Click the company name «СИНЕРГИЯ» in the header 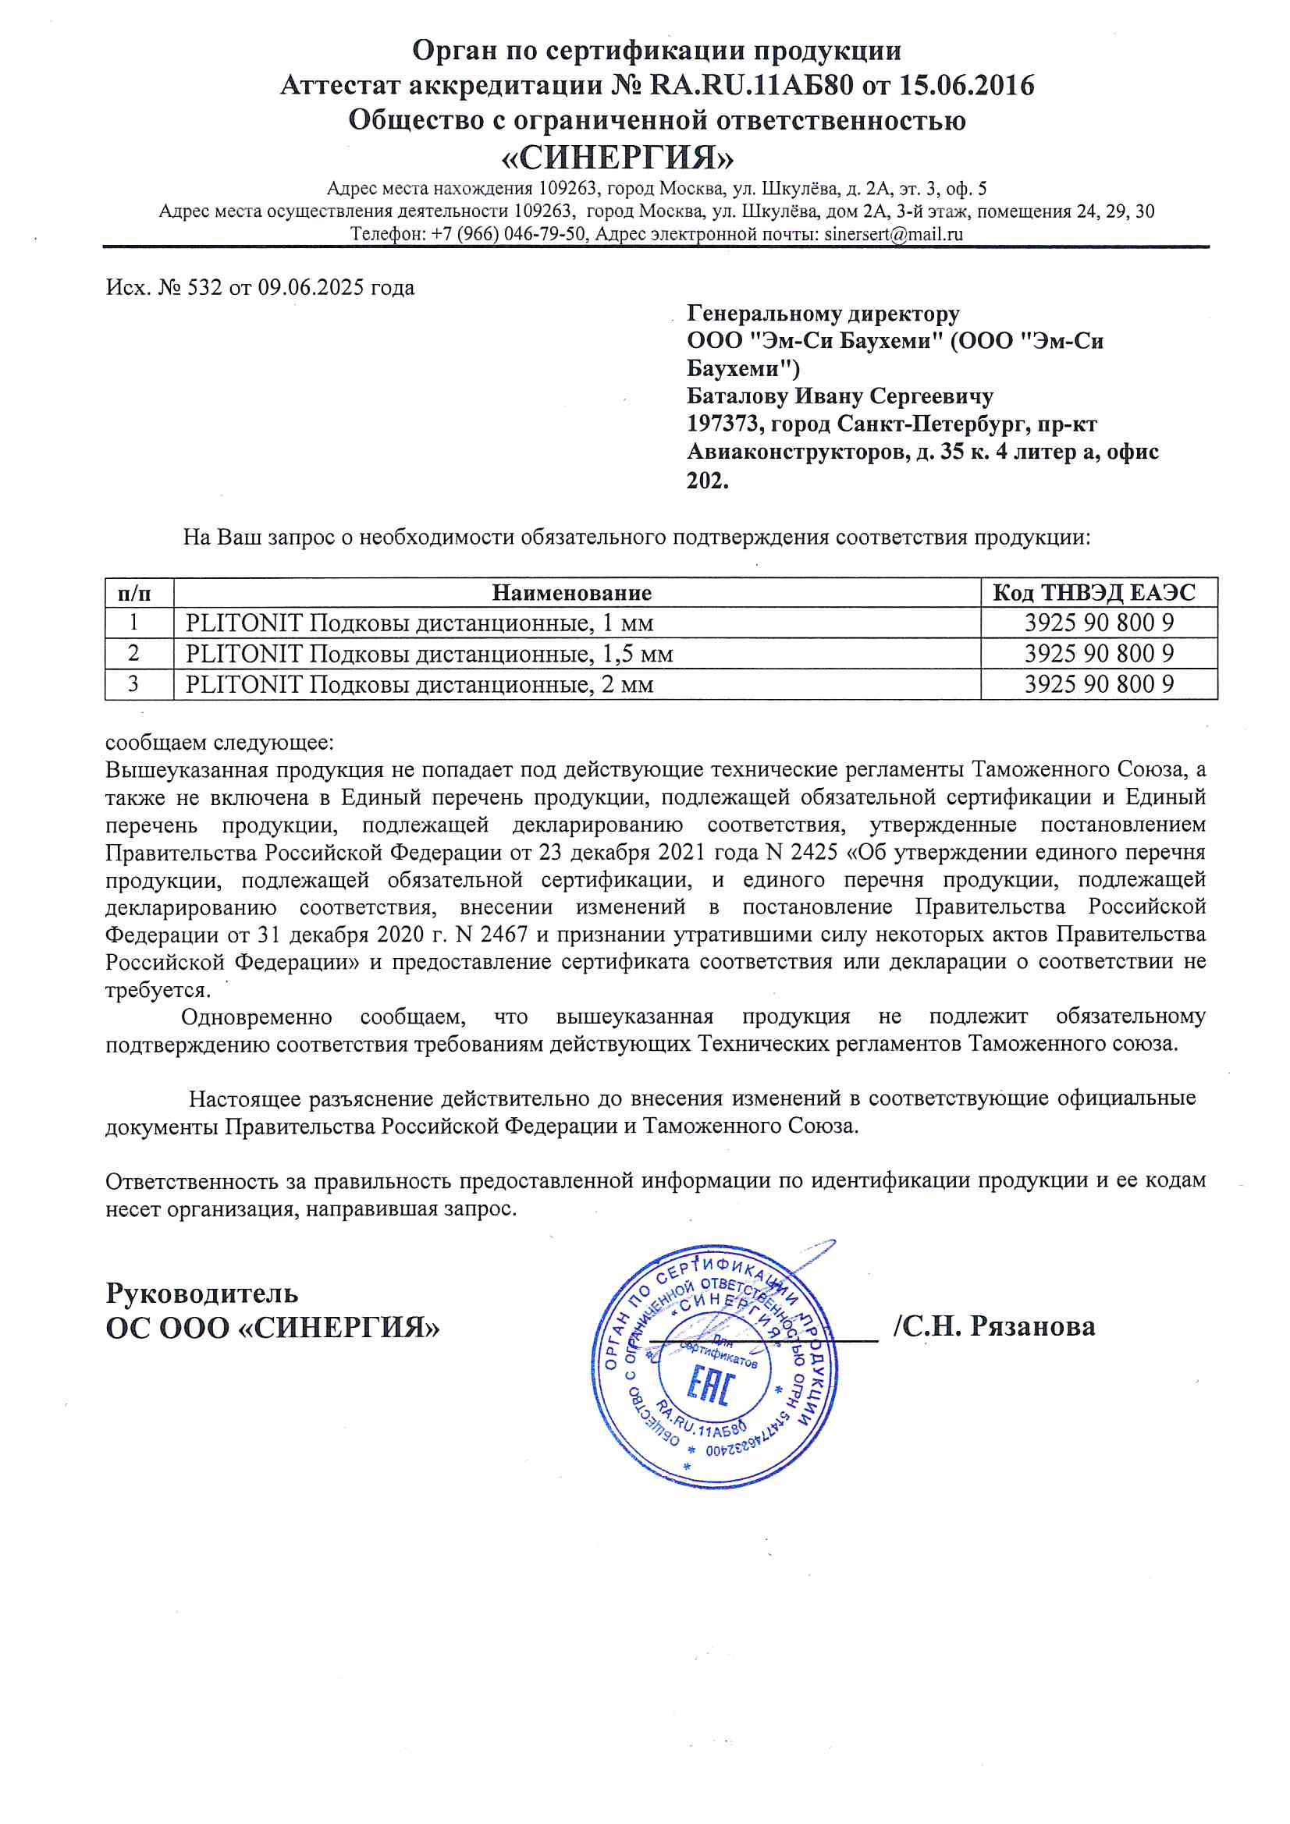(x=617, y=158)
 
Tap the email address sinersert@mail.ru (x=894, y=234)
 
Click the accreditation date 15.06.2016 (x=966, y=85)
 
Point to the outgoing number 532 (x=205, y=287)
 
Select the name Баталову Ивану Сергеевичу (x=840, y=396)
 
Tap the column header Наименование (x=571, y=593)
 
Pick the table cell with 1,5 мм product (x=429, y=654)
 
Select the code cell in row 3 (x=1099, y=684)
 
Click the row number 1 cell (x=133, y=622)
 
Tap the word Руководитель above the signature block (x=202, y=1293)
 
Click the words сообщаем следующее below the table (x=220, y=742)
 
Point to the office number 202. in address (x=707, y=480)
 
